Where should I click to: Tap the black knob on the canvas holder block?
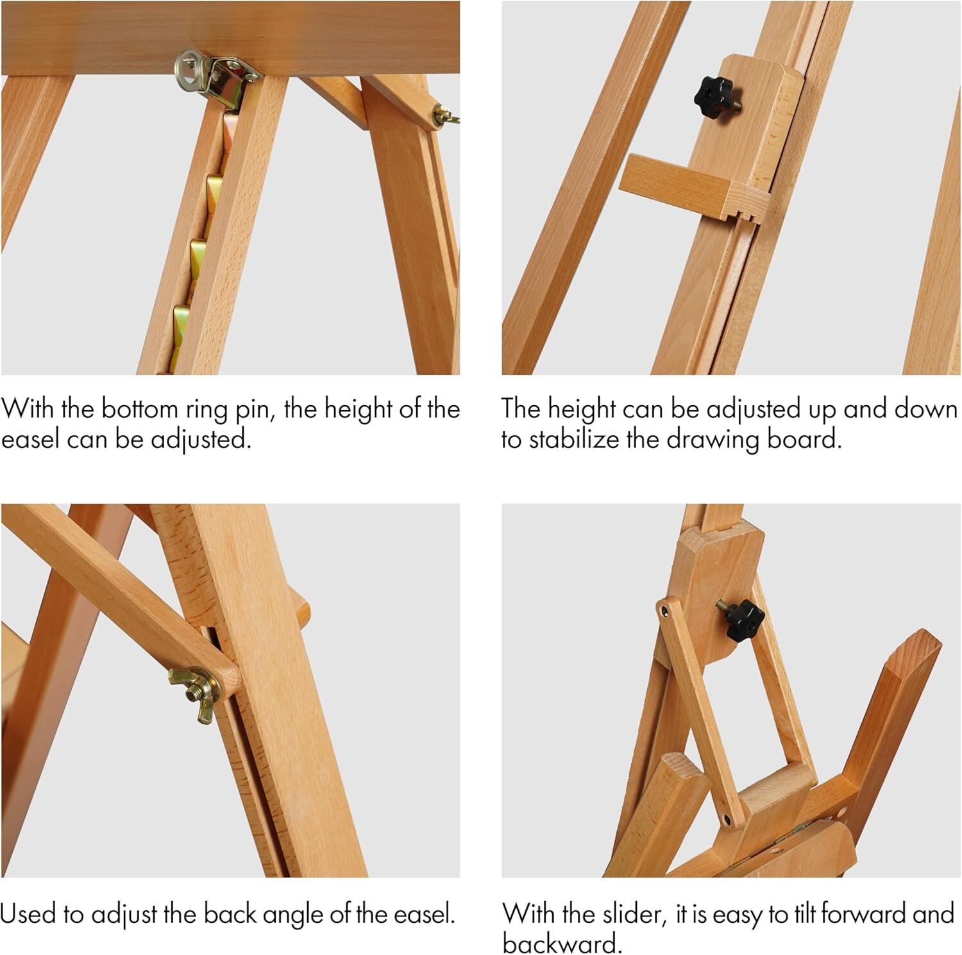[x=714, y=97]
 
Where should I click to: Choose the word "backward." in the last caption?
[x=562, y=943]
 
